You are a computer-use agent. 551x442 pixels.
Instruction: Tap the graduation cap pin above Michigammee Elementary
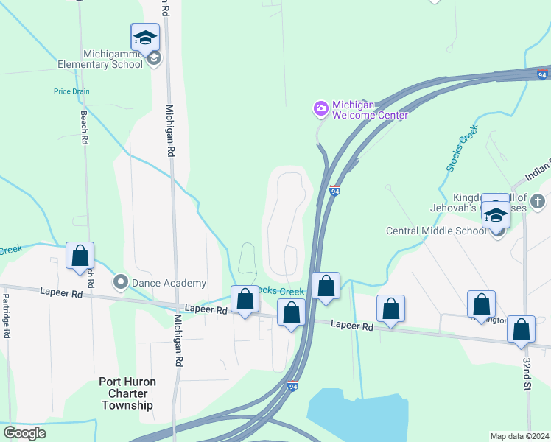tap(145, 37)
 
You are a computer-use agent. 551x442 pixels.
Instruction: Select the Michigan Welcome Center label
tap(369, 110)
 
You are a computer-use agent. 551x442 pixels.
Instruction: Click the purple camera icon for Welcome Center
tap(320, 109)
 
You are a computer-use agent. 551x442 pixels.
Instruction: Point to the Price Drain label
tap(71, 91)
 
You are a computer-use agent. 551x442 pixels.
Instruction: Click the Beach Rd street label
tap(84, 127)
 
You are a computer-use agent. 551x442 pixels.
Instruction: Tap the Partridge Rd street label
tap(6, 316)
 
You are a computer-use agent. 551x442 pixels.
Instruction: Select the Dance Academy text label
tap(169, 283)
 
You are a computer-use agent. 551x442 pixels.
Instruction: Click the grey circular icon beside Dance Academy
tap(120, 281)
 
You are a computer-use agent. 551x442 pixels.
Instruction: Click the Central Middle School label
tap(436, 231)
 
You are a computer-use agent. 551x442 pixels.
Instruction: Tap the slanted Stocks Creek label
tap(462, 148)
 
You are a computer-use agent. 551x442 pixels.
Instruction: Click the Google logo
tap(24, 433)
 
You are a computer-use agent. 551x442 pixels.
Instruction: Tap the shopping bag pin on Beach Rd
tap(80, 256)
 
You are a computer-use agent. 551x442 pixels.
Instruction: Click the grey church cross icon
tap(538, 200)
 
